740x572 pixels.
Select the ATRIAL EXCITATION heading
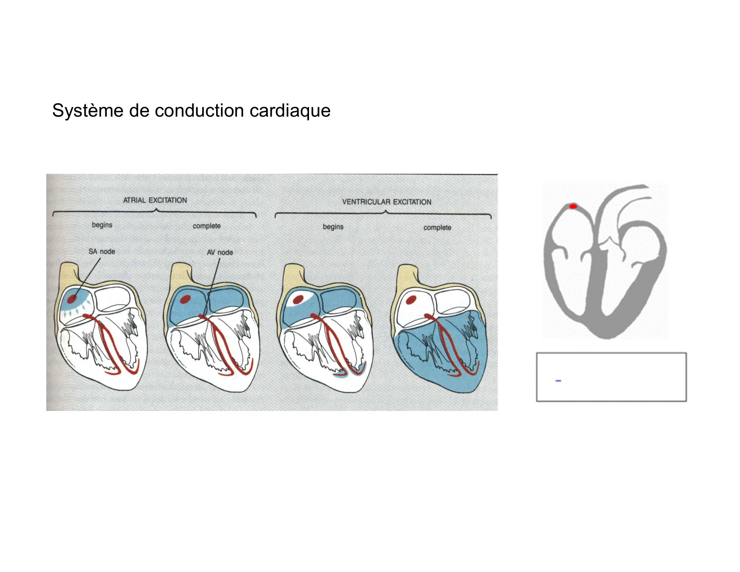tap(155, 200)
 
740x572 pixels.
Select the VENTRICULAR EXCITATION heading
tap(387, 202)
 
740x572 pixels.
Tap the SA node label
tap(102, 252)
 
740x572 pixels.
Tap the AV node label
tap(220, 253)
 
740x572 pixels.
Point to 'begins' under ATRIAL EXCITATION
tap(102, 225)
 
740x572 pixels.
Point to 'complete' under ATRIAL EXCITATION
tap(207, 226)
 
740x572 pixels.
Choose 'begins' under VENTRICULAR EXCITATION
tap(333, 227)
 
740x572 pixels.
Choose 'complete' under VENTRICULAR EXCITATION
tap(437, 228)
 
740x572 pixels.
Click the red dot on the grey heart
tap(573, 206)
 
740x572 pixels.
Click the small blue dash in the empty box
tap(558, 381)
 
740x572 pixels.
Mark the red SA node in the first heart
tap(72, 298)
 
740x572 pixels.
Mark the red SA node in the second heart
tap(184, 299)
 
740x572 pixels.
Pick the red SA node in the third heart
tap(297, 299)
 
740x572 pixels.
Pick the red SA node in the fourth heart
tap(411, 299)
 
